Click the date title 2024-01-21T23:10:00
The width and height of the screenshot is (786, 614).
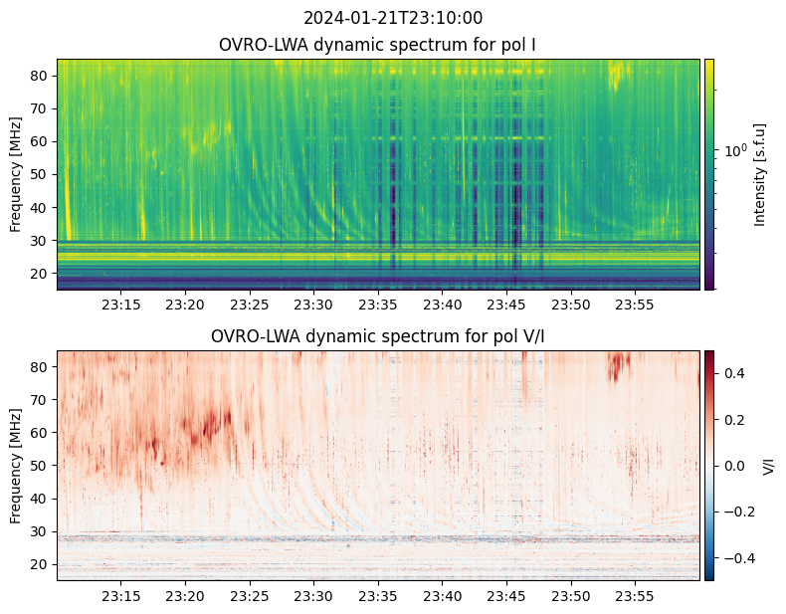[393, 18]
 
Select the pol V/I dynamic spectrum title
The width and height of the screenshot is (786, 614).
[378, 336]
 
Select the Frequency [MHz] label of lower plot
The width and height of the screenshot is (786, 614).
[16, 466]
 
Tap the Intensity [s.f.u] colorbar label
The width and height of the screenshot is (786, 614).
[761, 174]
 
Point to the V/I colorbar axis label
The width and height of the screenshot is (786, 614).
[767, 465]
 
